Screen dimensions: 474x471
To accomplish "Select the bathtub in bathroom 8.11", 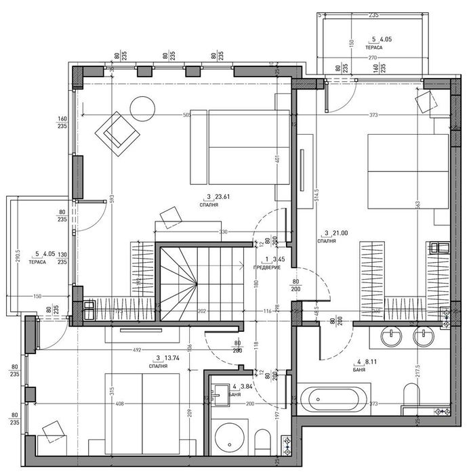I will point(334,399).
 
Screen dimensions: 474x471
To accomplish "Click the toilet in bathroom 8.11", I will point(411,395).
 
